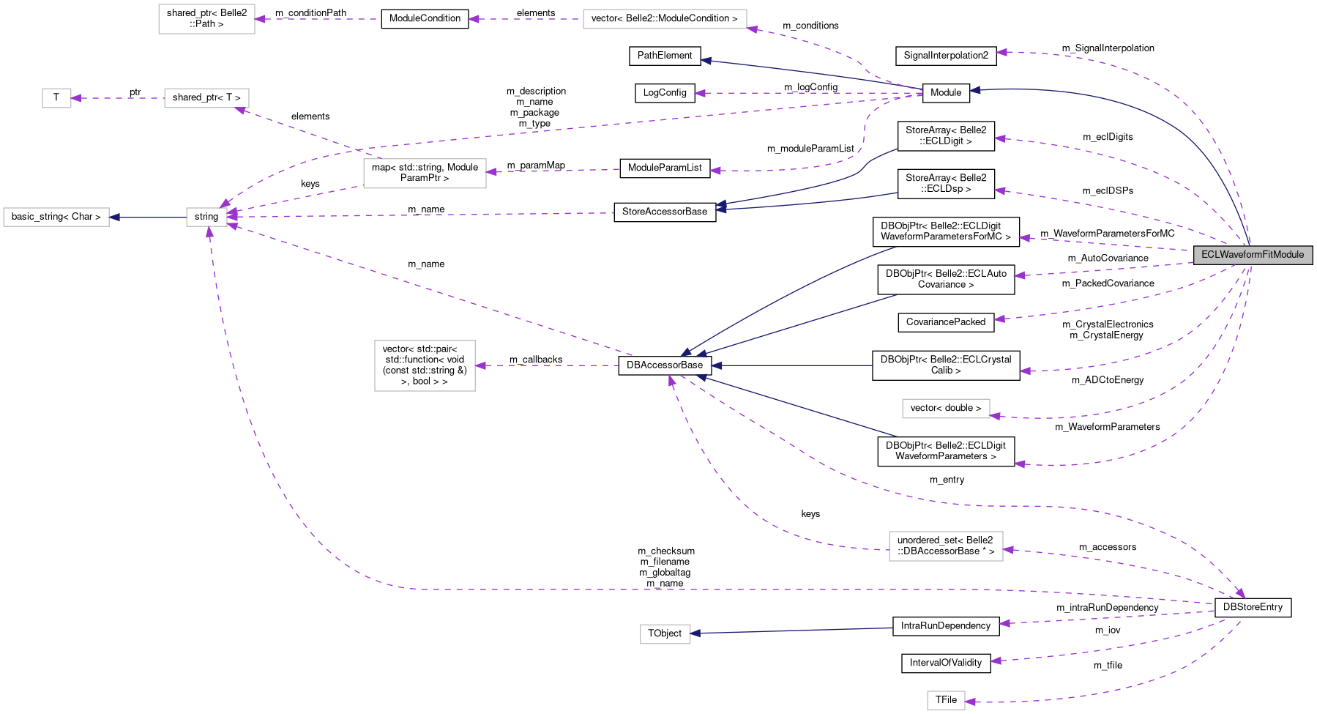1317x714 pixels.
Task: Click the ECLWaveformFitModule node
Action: click(1253, 255)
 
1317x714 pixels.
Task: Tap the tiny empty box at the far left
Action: click(56, 98)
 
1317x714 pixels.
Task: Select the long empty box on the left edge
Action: click(56, 217)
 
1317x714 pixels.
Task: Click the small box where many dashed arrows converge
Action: click(206, 217)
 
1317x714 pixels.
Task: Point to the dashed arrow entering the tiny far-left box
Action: click(117, 98)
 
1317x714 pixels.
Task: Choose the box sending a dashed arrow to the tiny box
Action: click(206, 98)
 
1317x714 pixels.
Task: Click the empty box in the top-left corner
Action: click(206, 19)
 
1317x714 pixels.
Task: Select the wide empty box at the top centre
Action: click(665, 19)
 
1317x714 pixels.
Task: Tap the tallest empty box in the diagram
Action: click(425, 365)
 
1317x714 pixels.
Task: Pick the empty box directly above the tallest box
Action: click(425, 174)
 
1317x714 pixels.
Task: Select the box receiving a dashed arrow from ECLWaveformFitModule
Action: click(946, 409)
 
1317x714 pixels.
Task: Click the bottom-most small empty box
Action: click(946, 701)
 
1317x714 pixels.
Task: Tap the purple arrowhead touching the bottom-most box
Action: click(971, 702)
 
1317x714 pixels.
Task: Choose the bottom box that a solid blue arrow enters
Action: click(665, 634)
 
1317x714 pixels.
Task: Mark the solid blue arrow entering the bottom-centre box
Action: click(791, 631)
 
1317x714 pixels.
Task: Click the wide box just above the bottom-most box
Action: click(946, 546)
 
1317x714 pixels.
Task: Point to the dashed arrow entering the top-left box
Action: click(315, 19)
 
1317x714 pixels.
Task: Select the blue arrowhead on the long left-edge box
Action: click(115, 217)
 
